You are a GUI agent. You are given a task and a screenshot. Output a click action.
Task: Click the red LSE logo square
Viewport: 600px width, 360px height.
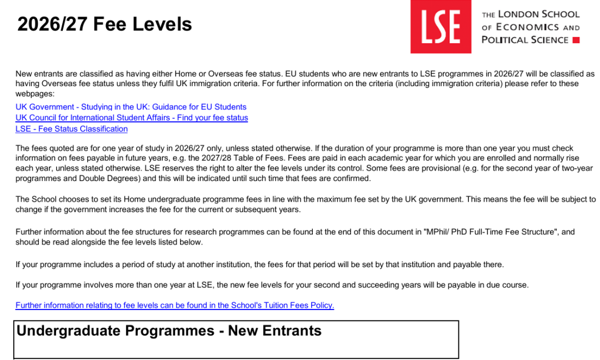click(x=441, y=27)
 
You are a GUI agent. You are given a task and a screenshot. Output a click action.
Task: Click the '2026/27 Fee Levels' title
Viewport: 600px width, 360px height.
click(x=104, y=24)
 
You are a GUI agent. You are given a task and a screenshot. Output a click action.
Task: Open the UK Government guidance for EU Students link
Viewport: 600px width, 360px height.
click(x=131, y=107)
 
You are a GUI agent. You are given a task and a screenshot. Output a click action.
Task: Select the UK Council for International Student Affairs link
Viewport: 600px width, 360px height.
click(x=132, y=118)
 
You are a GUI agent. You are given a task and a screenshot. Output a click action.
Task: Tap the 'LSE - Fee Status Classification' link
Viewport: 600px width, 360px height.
click(x=72, y=129)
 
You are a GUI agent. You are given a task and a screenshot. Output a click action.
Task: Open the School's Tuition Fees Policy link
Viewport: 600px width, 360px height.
click(x=174, y=306)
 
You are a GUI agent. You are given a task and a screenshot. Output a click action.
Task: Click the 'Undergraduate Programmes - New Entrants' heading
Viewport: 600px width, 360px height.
click(x=169, y=331)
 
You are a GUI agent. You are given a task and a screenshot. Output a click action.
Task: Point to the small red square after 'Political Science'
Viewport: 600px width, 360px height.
click(x=576, y=40)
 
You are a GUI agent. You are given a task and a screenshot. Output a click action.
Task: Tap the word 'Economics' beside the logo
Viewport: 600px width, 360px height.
click(x=527, y=27)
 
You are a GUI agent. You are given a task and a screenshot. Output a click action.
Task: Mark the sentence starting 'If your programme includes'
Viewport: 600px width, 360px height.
click(x=259, y=264)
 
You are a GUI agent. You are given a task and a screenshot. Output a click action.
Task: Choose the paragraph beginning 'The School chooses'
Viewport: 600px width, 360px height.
click(x=306, y=204)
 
